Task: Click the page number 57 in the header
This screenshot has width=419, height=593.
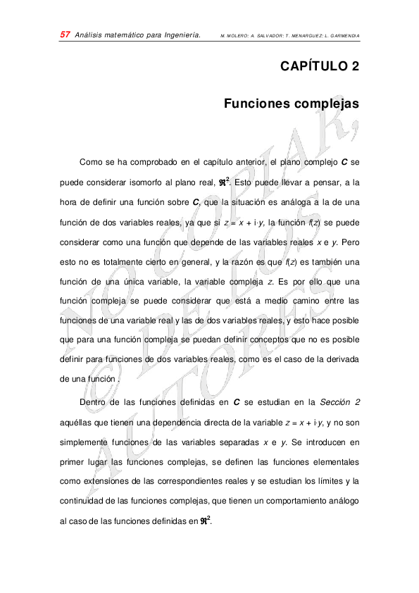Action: [x=64, y=35]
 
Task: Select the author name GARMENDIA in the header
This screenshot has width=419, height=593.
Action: [x=342, y=35]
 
